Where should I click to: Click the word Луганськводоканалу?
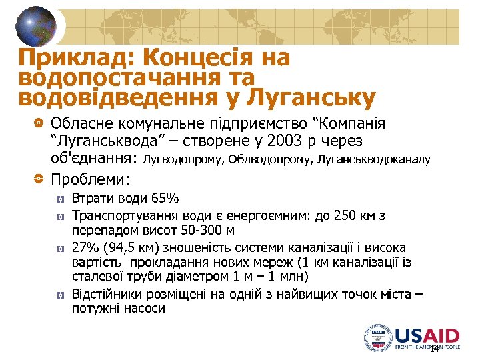(x=374, y=159)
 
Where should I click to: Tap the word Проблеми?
(x=90, y=179)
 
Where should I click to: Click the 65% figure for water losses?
(x=165, y=199)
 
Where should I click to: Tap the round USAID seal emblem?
(x=378, y=338)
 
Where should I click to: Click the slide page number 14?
(x=434, y=349)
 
